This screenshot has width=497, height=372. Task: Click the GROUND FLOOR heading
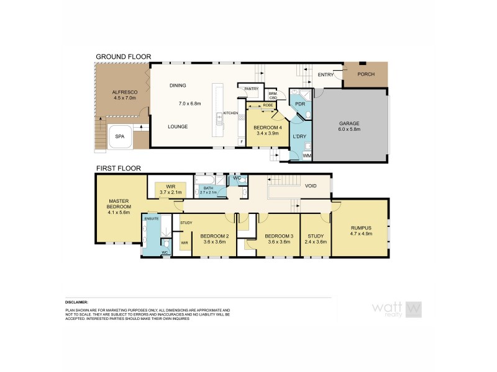123,56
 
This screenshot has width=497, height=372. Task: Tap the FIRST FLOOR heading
118,168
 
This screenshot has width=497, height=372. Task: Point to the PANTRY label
251,89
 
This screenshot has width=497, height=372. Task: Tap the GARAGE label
350,123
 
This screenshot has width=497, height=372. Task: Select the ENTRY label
326,74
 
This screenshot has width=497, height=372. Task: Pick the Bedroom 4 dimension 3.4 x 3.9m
267,133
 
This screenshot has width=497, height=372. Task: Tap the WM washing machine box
306,156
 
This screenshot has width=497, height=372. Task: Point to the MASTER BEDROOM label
118,204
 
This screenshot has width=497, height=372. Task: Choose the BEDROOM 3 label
278,236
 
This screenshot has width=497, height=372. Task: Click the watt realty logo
396,308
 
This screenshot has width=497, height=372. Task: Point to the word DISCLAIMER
76,303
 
